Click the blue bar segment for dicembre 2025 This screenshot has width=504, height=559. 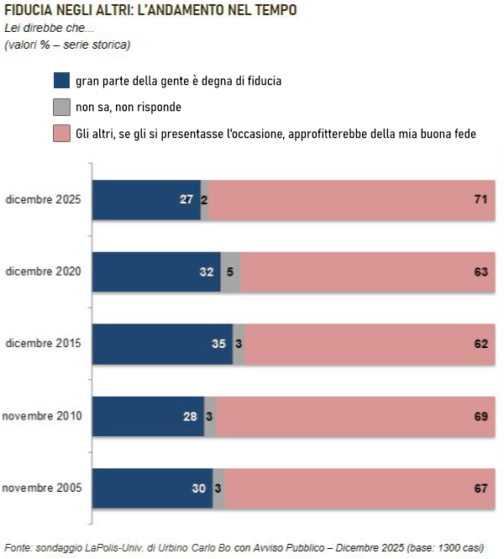pos(146,200)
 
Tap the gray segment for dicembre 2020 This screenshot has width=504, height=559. pos(231,272)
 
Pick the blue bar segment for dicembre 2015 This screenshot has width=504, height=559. pos(162,344)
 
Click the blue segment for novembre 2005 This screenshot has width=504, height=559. pos(152,488)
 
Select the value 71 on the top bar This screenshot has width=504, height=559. pos(481,200)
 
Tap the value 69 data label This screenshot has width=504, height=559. pos(481,416)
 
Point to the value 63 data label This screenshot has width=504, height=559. pos(481,272)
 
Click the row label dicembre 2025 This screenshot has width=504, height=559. pos(43,200)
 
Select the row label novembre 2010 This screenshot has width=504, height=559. pos(42,416)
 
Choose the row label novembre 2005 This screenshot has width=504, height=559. pos(42,488)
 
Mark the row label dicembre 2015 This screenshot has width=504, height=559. pos(43,344)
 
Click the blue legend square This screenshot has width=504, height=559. pos(61,82)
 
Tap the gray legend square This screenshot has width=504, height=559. pos(61,108)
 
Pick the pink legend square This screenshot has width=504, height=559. pos(61,134)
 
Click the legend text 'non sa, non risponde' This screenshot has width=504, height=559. pos(129,108)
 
